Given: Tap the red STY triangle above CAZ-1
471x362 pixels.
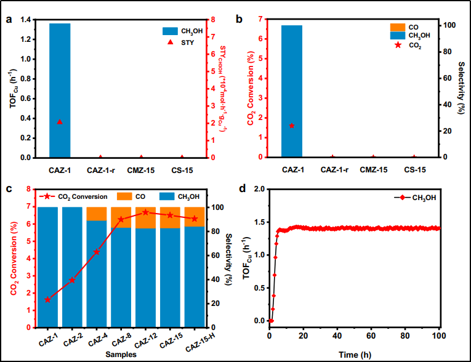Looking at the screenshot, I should [x=60, y=122].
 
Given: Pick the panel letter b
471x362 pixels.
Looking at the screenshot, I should [x=239, y=19].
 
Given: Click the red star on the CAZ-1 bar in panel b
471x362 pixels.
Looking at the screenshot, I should [x=292, y=126].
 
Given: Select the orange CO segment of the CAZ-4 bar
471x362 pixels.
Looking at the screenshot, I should [x=97, y=214].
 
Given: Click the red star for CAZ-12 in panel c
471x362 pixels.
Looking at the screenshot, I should [x=145, y=212].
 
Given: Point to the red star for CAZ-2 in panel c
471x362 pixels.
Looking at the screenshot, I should [x=72, y=280].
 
